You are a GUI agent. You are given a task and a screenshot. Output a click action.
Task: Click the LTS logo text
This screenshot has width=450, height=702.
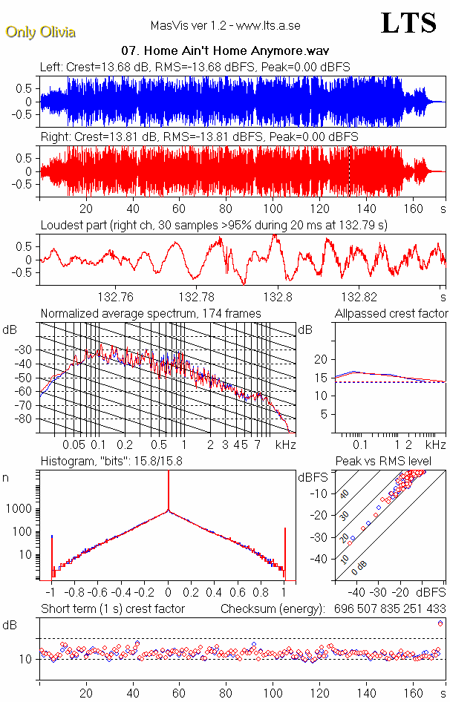click(x=408, y=23)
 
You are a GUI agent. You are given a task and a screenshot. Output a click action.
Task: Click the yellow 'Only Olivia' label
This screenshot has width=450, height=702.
click(x=41, y=32)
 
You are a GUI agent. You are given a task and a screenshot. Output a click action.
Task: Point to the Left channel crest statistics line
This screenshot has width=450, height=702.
click(x=195, y=67)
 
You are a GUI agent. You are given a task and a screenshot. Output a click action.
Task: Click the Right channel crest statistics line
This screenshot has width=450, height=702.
click(x=199, y=137)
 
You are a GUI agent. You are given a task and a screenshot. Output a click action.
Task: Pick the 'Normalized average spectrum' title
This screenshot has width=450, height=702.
click(x=151, y=314)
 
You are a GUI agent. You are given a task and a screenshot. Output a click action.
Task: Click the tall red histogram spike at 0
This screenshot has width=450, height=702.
click(x=169, y=490)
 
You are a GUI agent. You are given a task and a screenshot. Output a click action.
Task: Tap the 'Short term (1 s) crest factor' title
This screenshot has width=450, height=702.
click(x=112, y=609)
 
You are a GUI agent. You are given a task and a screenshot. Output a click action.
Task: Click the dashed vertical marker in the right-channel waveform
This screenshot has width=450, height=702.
click(x=350, y=171)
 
